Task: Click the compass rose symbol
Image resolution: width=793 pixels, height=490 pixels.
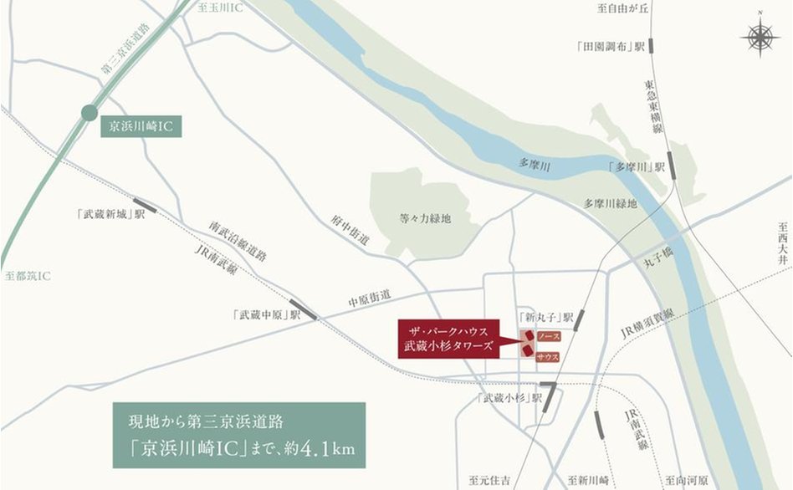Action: pos(759,38)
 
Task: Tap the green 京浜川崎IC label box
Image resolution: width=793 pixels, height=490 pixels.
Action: pos(141,128)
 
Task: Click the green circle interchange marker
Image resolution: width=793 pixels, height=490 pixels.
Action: pos(90,114)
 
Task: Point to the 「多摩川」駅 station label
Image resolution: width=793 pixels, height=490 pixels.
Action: pos(636,167)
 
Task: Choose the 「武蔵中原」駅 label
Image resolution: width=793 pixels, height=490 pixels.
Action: pos(267,314)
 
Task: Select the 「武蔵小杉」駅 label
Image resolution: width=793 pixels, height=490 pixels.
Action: pos(509,397)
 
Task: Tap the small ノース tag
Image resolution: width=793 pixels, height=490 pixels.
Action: pos(547,336)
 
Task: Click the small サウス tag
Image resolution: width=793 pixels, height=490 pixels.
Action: pos(547,357)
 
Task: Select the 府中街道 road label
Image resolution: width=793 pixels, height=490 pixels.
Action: pos(349,228)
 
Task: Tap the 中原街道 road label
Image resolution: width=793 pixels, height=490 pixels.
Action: pos(370,297)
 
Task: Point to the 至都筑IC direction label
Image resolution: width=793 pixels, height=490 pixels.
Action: pos(27,275)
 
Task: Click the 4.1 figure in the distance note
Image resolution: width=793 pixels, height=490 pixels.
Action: pos(315,448)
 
